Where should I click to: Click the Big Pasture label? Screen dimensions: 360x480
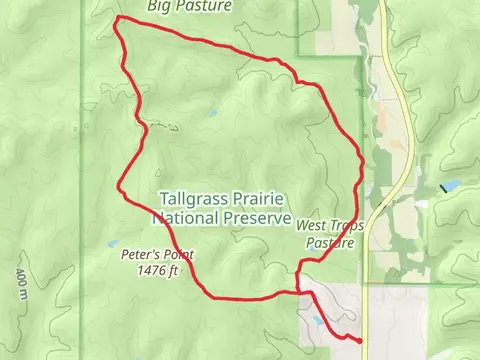[190, 6]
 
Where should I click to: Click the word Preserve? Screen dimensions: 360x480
[259, 217]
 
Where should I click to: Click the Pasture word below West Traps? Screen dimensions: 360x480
[331, 242]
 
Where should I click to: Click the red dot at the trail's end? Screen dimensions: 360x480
[360, 341]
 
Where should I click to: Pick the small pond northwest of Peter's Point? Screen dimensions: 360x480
[112, 243]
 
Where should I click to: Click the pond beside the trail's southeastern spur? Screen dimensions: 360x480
[318, 322]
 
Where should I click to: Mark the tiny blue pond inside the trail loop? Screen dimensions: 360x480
[212, 114]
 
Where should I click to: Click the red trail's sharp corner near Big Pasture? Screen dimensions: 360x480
[118, 19]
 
